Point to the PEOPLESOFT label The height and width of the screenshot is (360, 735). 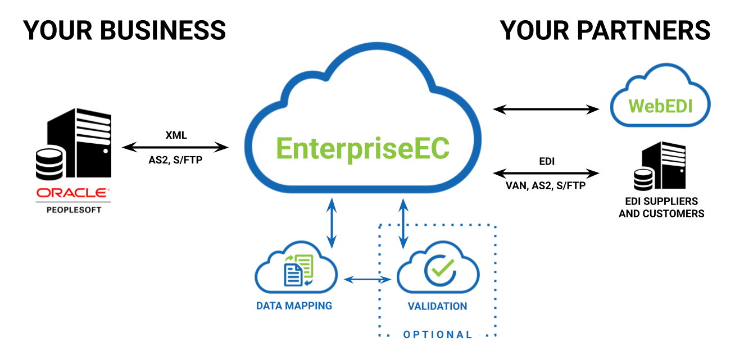tap(73, 209)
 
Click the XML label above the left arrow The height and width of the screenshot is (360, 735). tap(175, 135)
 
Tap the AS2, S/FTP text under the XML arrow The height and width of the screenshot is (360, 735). tap(175, 160)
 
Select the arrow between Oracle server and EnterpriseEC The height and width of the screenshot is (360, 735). tap(175, 148)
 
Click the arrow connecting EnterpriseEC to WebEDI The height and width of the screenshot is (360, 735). tap(546, 110)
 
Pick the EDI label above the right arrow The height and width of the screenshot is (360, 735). tap(546, 161)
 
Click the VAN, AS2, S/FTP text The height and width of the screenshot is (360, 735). tap(546, 185)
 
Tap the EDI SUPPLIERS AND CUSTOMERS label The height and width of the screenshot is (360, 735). tap(661, 207)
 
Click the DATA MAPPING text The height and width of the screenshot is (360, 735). tap(294, 306)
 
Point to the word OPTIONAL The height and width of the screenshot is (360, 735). tap(438, 335)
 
